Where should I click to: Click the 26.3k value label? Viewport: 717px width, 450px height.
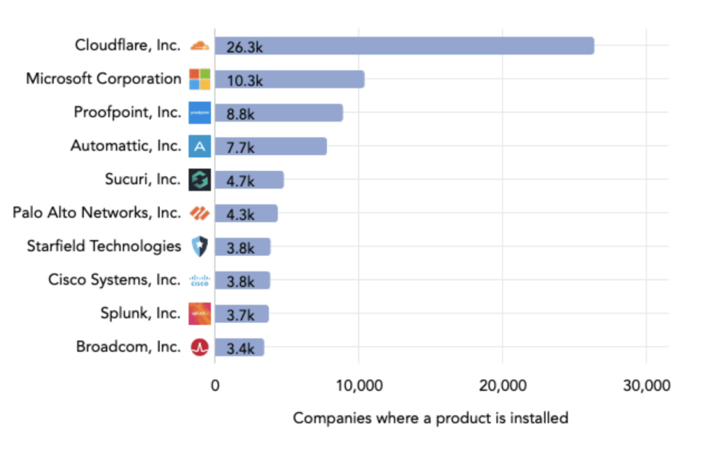click(244, 47)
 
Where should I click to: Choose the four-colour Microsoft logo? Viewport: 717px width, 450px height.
click(200, 79)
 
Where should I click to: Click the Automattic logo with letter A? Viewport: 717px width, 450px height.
click(200, 146)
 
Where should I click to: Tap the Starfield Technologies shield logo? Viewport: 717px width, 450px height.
click(200, 247)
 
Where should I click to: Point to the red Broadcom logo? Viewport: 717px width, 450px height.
click(200, 347)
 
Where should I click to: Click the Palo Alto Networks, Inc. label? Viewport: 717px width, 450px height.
click(97, 212)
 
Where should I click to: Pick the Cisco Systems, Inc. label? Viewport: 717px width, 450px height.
click(114, 280)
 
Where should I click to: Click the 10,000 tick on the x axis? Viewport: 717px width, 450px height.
click(358, 386)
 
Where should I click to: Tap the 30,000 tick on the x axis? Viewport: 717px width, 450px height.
click(646, 386)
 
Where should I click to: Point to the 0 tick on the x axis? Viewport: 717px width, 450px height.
click(215, 386)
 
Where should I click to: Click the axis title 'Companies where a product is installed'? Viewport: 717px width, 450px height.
click(430, 418)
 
